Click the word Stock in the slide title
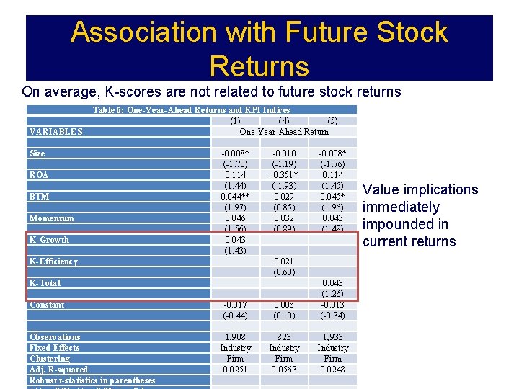tap(409, 32)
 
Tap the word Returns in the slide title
tap(259, 66)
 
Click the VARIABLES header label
tap(56, 132)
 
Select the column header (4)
tap(284, 121)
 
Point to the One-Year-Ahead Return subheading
tap(284, 132)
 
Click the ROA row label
tap(39, 175)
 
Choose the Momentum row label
tap(52, 218)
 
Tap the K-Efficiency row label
tap(53, 261)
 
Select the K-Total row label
tap(45, 283)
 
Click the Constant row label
tap(47, 305)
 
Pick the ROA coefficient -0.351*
tap(284, 175)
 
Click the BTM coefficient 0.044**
tap(235, 197)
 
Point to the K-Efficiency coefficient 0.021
tap(284, 261)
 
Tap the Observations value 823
tap(284, 337)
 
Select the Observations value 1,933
tap(332, 337)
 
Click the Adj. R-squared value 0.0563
tap(284, 370)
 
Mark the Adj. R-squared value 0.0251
tap(235, 370)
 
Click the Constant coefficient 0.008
tap(284, 305)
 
